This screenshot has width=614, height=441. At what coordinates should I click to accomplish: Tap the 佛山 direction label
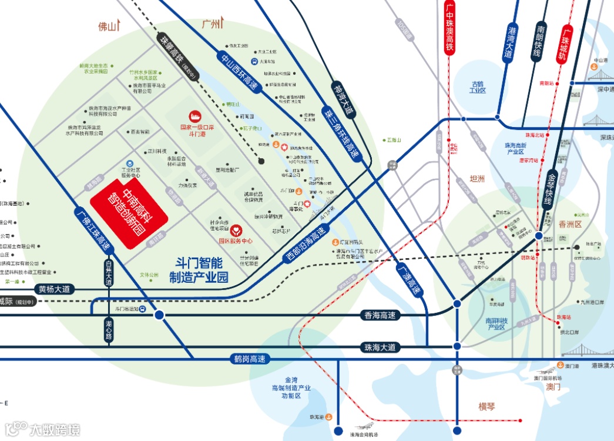click(108, 26)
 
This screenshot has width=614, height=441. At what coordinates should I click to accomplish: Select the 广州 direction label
click(211, 24)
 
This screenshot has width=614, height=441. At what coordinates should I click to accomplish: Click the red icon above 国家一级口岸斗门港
click(193, 116)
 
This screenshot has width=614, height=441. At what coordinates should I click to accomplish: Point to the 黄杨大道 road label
click(54, 289)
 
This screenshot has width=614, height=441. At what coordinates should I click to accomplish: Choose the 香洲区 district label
click(570, 225)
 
